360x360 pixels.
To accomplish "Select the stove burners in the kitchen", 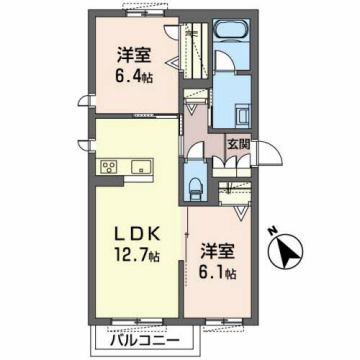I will tap(108, 166).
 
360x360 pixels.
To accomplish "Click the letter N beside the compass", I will tap(272, 233).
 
